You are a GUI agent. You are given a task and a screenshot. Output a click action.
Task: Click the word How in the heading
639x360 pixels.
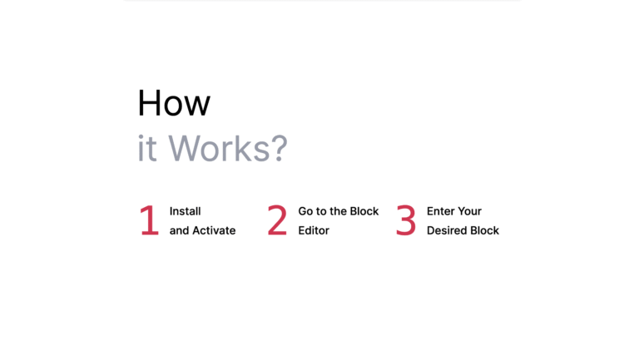(174, 103)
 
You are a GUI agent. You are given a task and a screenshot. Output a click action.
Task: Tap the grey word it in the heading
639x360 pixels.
(147, 148)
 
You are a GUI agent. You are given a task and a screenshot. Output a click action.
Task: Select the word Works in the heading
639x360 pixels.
(220, 148)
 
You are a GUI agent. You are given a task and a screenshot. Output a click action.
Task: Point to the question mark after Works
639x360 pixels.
(280, 148)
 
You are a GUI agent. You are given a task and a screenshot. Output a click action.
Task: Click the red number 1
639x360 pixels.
(149, 220)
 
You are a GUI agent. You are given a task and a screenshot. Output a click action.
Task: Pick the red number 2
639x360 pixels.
(277, 220)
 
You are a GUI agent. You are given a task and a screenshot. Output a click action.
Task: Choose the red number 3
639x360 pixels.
(406, 220)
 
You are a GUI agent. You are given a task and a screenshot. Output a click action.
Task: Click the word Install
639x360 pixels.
(185, 211)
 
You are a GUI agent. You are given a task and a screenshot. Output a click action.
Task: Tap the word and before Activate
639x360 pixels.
(179, 230)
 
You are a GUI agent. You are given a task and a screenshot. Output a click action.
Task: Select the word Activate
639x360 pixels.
(214, 230)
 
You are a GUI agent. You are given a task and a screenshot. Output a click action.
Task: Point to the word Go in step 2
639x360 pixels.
(305, 211)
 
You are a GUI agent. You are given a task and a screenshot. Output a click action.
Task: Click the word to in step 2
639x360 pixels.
(321, 211)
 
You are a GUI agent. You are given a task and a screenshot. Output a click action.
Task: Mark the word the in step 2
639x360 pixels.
(338, 211)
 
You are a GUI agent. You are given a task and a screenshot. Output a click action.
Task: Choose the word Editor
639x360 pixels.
(314, 230)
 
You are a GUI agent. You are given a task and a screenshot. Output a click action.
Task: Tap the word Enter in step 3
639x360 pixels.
(440, 211)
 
